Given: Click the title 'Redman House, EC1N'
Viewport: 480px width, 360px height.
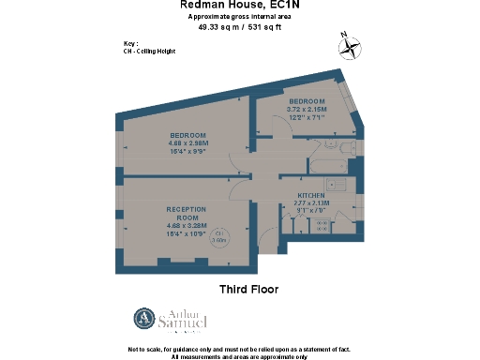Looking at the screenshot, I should pyautogui.click(x=239, y=6).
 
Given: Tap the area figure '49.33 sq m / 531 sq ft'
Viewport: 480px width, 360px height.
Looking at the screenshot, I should pyautogui.click(x=239, y=27).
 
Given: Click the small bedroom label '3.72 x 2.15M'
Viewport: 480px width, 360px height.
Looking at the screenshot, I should pyautogui.click(x=307, y=110).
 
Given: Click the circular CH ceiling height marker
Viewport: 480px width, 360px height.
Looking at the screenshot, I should pyautogui.click(x=221, y=236).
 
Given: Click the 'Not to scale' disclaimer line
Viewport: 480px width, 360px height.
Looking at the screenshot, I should pyautogui.click(x=239, y=349).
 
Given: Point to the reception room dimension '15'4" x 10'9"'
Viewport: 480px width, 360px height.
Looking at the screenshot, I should pyautogui.click(x=188, y=232).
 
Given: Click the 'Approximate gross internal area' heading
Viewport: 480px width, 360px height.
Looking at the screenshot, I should pyautogui.click(x=239, y=17).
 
